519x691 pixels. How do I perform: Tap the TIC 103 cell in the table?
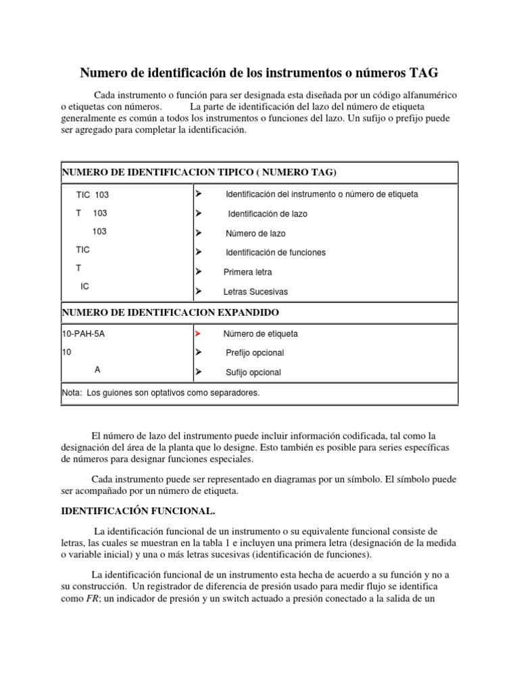93,194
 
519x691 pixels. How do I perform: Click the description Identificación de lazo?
267,213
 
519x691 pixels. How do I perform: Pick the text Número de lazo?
255,233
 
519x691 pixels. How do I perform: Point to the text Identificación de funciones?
275,252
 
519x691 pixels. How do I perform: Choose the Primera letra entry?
248,272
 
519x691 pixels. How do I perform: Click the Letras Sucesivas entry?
255,292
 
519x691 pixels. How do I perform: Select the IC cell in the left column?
84,286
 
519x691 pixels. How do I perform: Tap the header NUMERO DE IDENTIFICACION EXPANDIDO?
170,313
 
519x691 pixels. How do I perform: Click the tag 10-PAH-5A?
84,333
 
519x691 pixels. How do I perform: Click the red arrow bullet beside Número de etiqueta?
198,333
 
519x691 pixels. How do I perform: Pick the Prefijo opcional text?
255,353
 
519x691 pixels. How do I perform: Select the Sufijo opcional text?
253,372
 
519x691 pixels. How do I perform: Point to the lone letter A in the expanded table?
97,370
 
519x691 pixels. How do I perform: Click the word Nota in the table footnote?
72,392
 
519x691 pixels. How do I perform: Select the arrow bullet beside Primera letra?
198,272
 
